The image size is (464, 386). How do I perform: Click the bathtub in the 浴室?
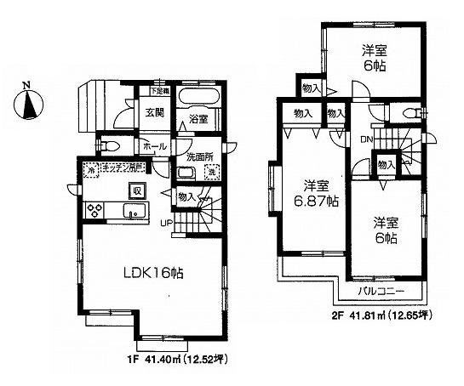(x=201, y=96)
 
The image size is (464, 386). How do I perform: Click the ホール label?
(x=156, y=146)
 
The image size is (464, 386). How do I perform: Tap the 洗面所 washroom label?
(x=195, y=156)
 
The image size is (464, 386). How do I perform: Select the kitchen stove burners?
(x=95, y=210)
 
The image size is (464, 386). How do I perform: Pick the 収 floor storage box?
(x=135, y=190)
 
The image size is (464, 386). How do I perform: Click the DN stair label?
(x=365, y=139)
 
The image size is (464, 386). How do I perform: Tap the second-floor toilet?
(x=410, y=112)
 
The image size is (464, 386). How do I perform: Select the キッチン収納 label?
(x=125, y=168)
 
